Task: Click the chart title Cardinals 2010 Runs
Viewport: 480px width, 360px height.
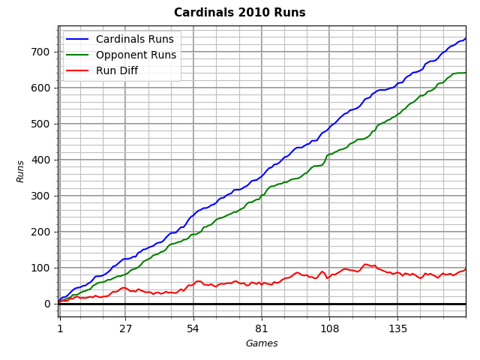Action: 240,13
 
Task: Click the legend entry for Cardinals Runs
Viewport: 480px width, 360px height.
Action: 135,39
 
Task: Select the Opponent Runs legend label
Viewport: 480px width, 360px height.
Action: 136,55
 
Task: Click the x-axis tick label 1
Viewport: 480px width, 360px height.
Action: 60,328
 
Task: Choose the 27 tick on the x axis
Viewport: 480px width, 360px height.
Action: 125,328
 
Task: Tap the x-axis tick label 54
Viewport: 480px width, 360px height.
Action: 193,328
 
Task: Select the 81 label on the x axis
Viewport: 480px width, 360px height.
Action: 261,328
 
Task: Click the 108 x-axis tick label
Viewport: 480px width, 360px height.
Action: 328,328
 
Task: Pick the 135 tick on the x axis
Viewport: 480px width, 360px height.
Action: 397,328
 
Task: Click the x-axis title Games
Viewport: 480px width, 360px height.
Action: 262,343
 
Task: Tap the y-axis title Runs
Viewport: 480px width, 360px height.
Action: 22,171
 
